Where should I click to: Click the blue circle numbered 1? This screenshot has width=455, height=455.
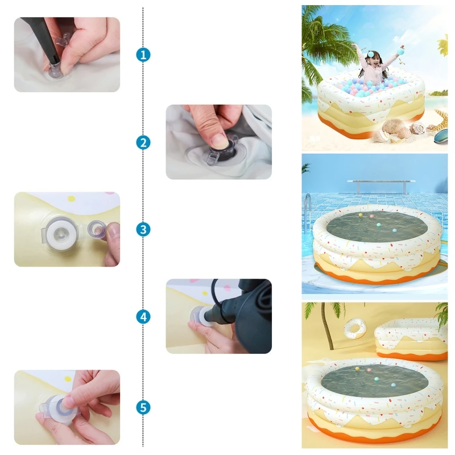[x=143, y=55]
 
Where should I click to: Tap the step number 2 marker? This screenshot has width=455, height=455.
[x=143, y=143]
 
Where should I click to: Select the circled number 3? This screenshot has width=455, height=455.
[x=143, y=229]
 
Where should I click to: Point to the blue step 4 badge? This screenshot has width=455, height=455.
[x=143, y=317]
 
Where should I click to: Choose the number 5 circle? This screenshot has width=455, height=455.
[x=143, y=407]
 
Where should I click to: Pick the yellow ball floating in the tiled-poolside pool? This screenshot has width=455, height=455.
[x=360, y=216]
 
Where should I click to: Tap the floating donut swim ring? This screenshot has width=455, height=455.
[x=355, y=329]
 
